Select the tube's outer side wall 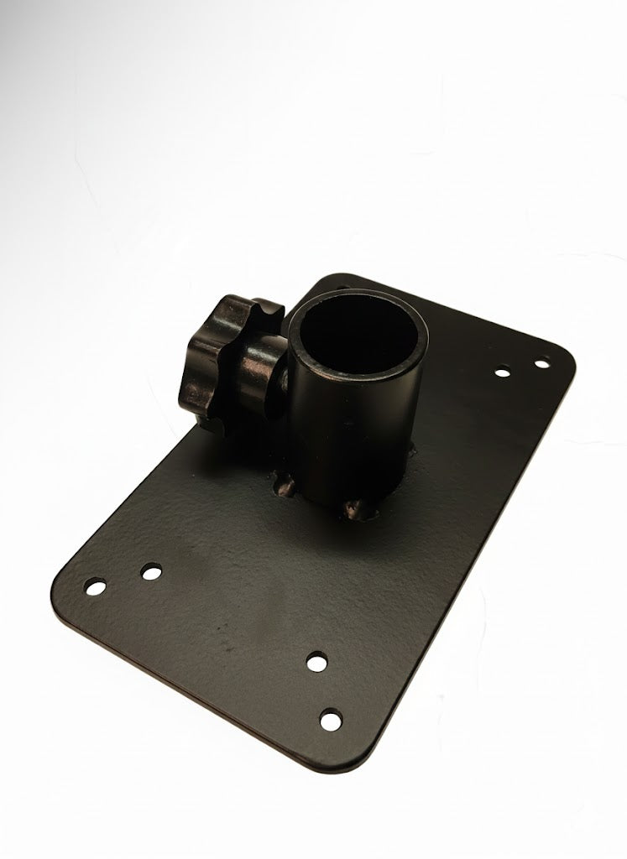353,428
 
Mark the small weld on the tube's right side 414,457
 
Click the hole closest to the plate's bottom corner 332,719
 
